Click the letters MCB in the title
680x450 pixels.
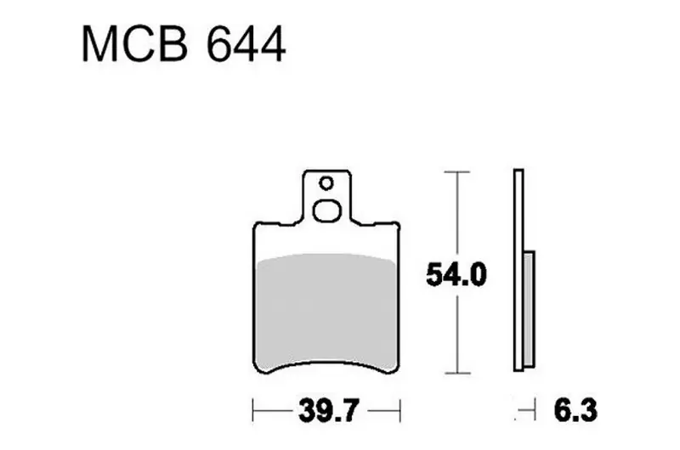point(135,44)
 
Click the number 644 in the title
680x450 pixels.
point(246,44)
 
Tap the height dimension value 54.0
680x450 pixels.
point(456,273)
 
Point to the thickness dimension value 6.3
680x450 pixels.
point(575,410)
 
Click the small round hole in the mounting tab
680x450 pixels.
point(326,183)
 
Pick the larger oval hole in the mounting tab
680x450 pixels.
point(327,211)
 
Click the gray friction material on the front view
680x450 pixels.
point(326,312)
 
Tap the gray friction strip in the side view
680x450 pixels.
point(529,308)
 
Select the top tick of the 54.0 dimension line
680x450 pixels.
point(456,172)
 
